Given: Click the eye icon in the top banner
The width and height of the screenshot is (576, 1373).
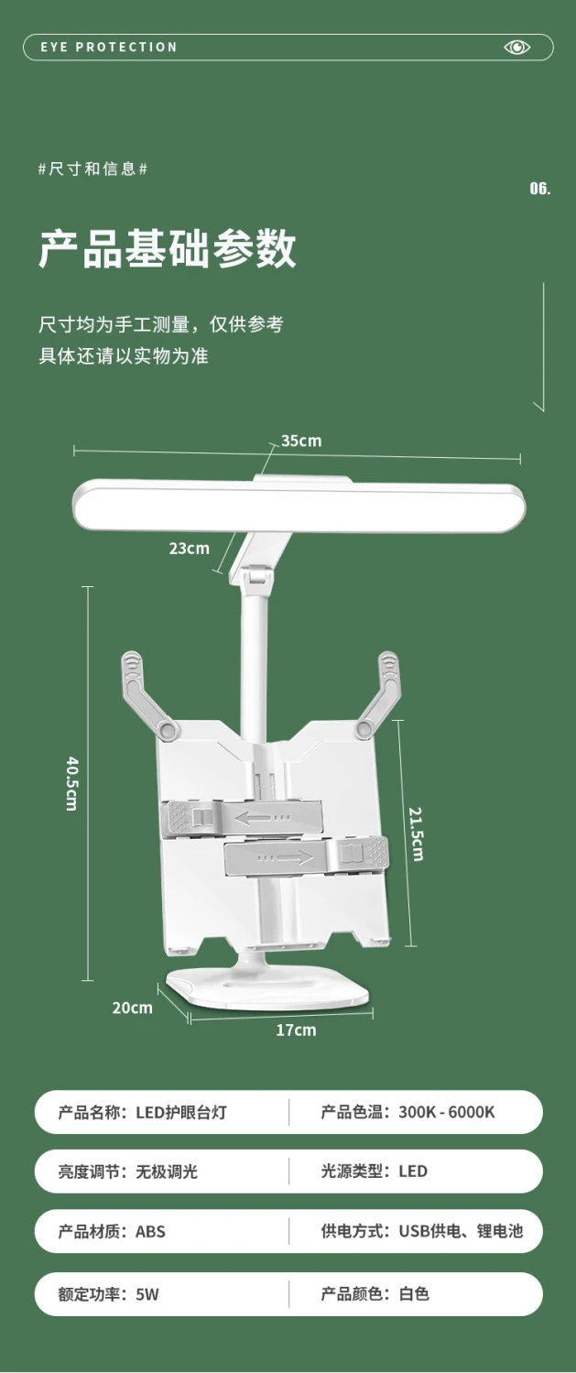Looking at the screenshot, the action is click(x=516, y=48).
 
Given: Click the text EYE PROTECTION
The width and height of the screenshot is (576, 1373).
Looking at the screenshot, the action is click(x=109, y=48).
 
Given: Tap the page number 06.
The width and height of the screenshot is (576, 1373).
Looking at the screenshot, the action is click(x=540, y=188).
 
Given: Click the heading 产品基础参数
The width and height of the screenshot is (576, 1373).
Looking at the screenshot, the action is click(x=168, y=249).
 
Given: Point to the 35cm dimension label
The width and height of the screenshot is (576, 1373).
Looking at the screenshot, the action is click(x=301, y=441).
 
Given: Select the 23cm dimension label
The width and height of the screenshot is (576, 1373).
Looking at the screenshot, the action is click(x=190, y=548).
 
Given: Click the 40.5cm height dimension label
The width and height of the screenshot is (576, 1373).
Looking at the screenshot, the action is click(x=72, y=784).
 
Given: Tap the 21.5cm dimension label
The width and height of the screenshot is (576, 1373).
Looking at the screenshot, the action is click(x=417, y=834).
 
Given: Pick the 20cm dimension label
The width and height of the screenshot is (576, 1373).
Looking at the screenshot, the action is click(x=133, y=1008).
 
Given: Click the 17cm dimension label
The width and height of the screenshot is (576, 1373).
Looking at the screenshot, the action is click(x=296, y=1030).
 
